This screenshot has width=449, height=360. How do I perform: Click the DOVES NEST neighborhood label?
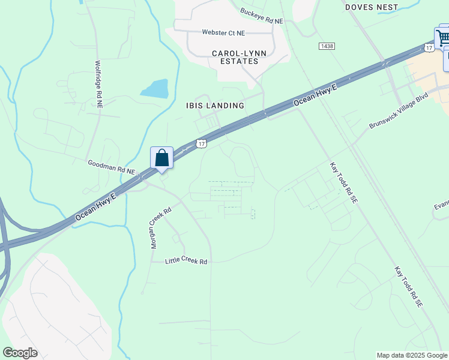[372, 7]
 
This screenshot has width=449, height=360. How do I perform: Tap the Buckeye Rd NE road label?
[261, 16]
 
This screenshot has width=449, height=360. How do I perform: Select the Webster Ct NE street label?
[223, 32]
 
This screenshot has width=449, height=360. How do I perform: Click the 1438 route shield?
[327, 46]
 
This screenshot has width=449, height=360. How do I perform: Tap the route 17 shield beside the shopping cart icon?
[429, 47]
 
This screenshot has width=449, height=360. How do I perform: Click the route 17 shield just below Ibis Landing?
[202, 143]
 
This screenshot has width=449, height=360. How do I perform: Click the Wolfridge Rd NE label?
[99, 83]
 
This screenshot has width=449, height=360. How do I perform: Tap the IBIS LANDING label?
[215, 106]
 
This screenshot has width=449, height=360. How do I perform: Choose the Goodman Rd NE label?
[112, 167]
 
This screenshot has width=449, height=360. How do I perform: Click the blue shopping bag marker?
[161, 158]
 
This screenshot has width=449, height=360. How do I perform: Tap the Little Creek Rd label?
[186, 262]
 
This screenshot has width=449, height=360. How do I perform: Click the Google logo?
[20, 353]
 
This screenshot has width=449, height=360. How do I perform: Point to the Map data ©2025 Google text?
[412, 355]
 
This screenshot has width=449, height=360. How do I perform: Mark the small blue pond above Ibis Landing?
[154, 88]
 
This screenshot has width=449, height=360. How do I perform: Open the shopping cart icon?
[442, 37]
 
